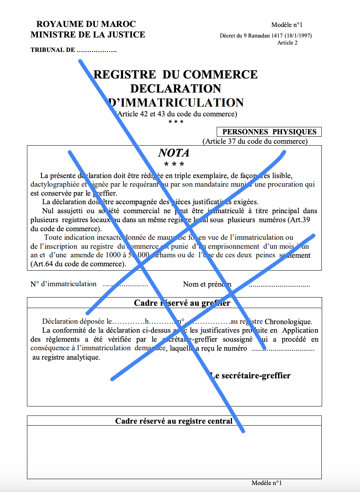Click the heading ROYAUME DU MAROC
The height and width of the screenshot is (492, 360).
coord(86,24)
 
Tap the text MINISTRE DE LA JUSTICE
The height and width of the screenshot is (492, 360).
coord(88,35)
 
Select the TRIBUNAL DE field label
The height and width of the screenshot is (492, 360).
coord(52,50)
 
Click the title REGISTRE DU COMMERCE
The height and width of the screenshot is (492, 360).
coord(176,74)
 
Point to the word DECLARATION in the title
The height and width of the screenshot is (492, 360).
coord(176,88)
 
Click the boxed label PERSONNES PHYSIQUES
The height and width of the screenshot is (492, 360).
coord(269,132)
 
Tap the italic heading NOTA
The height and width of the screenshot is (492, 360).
coord(174,153)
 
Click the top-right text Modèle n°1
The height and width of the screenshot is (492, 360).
coord(287,25)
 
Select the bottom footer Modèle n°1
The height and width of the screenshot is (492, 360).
coord(267,483)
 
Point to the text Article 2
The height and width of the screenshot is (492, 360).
coord(287,43)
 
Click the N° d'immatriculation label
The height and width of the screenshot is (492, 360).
coord(63,284)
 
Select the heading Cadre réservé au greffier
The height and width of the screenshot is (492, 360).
coord(182,303)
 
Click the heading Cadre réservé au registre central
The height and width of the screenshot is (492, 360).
coord(174,421)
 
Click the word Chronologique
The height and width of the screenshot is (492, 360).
coord(288,322)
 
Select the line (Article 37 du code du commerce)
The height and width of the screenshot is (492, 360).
coord(255,141)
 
